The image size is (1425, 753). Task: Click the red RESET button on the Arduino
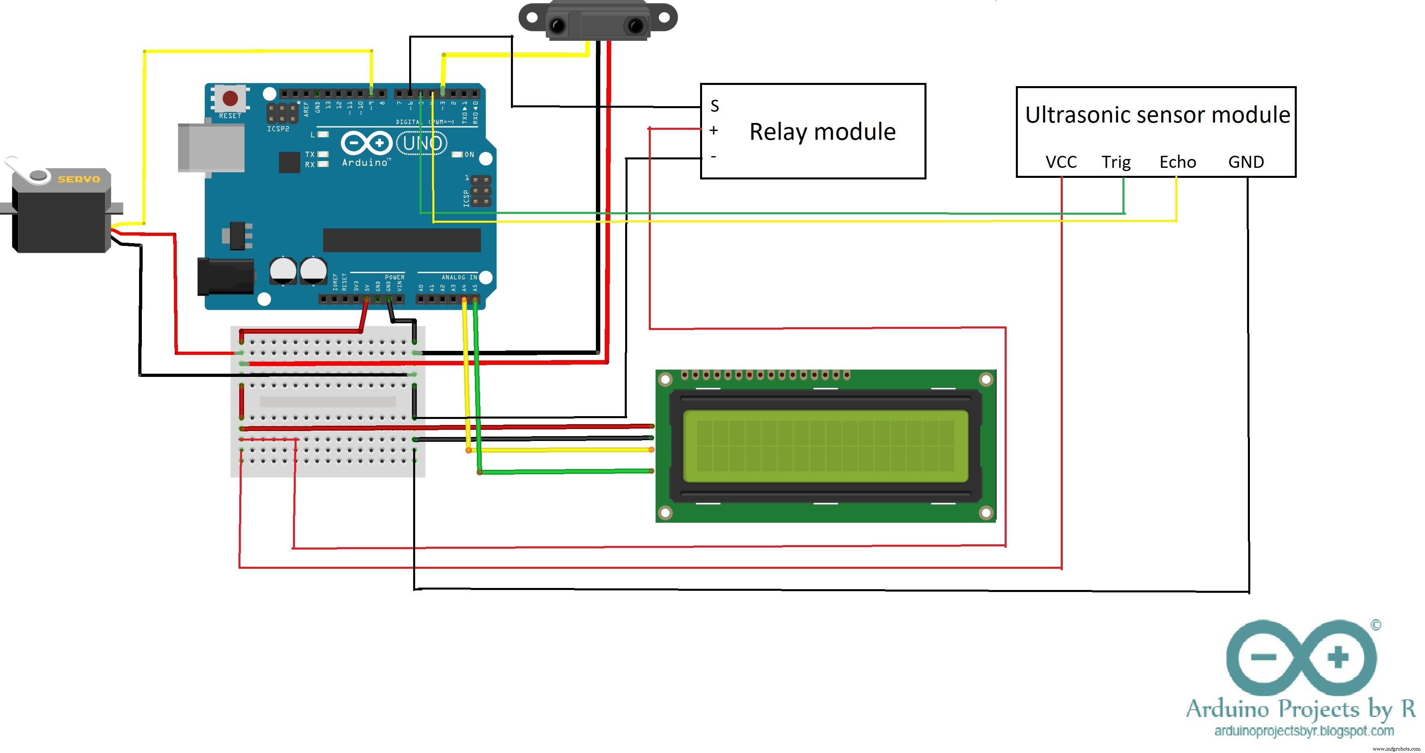[x=230, y=99]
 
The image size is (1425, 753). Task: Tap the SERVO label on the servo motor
[x=79, y=179]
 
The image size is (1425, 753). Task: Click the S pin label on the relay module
[x=715, y=106]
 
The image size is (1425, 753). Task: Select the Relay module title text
[x=822, y=132]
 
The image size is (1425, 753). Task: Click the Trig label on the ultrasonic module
[x=1116, y=162]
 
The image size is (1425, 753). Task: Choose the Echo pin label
[x=1177, y=162]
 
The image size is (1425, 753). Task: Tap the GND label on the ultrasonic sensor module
[x=1246, y=162]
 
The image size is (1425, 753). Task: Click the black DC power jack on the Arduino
[x=226, y=276]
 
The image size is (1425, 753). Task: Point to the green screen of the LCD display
[x=826, y=446]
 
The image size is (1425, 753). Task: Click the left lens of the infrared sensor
[x=557, y=25]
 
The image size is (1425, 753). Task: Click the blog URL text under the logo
[x=1303, y=731]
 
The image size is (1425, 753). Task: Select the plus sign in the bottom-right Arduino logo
[x=1338, y=657]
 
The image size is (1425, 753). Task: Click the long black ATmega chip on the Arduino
[x=402, y=240]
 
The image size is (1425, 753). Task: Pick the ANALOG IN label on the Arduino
[x=458, y=277]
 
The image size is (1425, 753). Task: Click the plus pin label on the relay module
[x=714, y=131]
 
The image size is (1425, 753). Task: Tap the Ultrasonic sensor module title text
[x=1157, y=115]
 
